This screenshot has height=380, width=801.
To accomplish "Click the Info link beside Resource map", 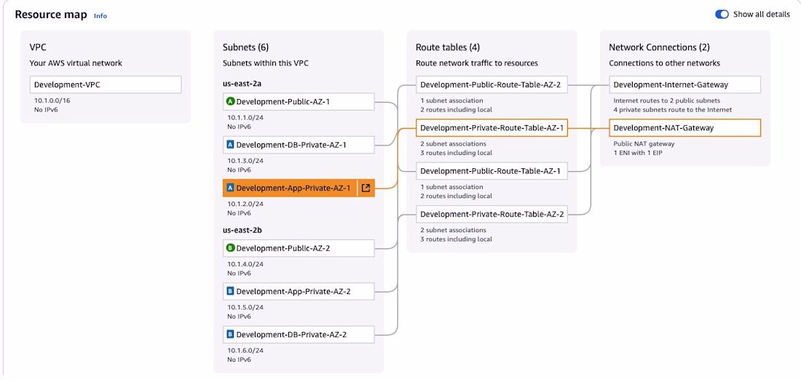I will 100,15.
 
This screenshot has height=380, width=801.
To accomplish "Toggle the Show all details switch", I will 722,15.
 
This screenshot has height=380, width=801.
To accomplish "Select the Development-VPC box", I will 105,84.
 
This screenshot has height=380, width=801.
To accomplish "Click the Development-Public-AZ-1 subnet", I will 299,101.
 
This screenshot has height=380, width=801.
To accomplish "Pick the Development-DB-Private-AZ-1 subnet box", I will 299,145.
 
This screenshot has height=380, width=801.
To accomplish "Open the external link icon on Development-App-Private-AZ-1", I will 366,188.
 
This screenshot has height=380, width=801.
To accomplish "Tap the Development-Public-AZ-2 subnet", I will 299,248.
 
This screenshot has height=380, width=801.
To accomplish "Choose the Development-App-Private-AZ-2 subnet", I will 299,291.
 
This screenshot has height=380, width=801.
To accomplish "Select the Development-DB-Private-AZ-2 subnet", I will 299,335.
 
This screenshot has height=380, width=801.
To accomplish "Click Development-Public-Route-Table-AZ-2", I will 492,84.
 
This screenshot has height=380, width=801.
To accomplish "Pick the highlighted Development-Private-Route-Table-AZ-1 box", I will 492,128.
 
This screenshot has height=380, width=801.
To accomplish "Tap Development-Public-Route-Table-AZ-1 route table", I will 492,171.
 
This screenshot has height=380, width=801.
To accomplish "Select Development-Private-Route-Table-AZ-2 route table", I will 492,214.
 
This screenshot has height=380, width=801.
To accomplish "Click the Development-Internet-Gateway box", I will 684,84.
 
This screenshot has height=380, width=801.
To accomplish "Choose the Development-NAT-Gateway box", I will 684,128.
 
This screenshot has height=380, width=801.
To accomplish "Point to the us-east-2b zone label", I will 242,230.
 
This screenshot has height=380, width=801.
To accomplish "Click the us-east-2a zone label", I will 242,84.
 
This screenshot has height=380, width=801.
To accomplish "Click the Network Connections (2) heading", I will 659,47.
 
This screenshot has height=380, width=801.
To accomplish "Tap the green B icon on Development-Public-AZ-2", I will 230,248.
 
